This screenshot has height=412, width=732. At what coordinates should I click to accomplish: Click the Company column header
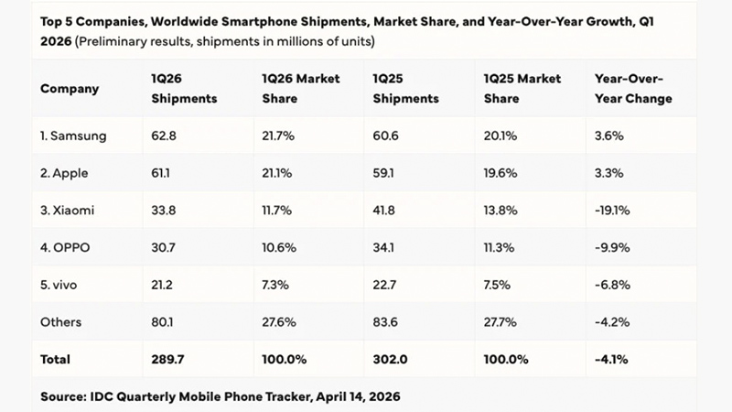pos(70,90)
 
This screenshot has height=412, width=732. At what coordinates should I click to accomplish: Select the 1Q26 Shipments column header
pos(184,90)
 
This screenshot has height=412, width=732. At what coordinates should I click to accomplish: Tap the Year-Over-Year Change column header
pos(633,90)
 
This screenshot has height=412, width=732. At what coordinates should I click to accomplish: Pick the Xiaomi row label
pos(70,210)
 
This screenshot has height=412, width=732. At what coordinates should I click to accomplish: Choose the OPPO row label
pos(67,247)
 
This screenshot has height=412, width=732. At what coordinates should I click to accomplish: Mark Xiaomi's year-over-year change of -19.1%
pos(612,210)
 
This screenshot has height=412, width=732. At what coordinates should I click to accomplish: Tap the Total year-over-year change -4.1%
pos(610,359)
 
